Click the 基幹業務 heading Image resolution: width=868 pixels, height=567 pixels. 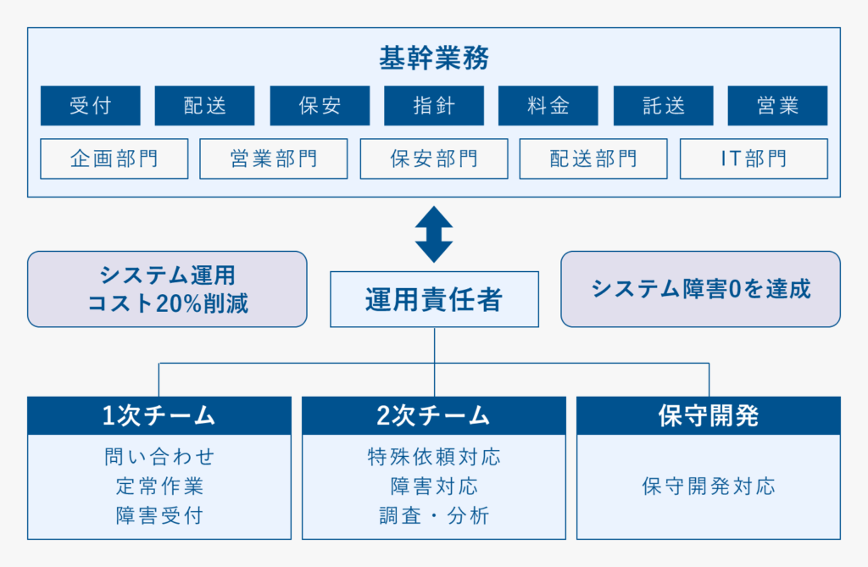[x=434, y=58]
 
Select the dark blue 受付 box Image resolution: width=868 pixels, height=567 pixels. [x=90, y=105]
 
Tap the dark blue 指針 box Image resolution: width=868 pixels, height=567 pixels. [x=434, y=105]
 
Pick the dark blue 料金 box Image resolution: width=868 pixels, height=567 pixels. [x=548, y=105]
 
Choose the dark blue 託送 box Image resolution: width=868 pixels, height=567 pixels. [x=663, y=105]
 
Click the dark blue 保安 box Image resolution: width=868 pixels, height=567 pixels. [x=320, y=105]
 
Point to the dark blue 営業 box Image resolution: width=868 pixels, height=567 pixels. [x=778, y=105]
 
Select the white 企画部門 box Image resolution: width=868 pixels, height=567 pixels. [x=114, y=159]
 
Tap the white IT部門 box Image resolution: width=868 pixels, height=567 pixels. [x=754, y=159]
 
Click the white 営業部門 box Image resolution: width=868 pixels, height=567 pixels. [x=274, y=159]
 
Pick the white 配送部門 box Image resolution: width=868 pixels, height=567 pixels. [x=593, y=159]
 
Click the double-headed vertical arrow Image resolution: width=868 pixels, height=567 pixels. [x=434, y=234]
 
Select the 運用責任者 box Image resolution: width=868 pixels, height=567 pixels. [x=435, y=299]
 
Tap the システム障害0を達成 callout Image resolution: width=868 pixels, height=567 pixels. [x=701, y=289]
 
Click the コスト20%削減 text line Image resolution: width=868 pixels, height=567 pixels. [x=168, y=303]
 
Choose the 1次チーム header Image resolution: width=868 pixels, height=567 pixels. [x=159, y=415]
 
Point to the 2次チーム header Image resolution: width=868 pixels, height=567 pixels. [x=434, y=415]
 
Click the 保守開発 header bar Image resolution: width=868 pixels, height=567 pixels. [x=709, y=415]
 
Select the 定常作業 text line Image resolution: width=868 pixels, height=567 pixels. [x=159, y=486]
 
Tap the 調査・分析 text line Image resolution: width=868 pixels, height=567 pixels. [x=434, y=515]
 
